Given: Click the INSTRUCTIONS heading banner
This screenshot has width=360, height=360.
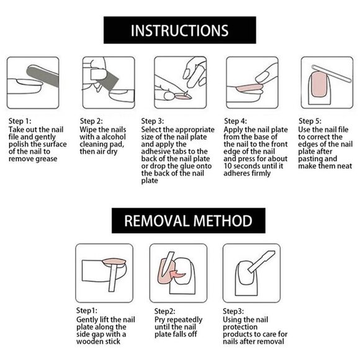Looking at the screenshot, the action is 180,30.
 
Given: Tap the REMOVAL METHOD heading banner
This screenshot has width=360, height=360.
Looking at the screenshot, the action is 189,220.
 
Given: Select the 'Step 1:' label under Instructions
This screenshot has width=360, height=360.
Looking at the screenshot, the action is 20,121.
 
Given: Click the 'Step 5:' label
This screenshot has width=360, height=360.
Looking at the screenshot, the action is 310,121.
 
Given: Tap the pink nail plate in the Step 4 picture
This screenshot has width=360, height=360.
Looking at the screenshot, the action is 250,88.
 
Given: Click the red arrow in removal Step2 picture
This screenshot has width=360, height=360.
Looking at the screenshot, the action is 178,274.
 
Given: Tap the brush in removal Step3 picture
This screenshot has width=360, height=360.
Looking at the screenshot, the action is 261,262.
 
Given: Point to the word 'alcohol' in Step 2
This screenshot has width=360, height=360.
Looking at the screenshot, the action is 114,137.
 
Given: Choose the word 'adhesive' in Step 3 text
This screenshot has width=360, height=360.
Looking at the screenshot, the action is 155,151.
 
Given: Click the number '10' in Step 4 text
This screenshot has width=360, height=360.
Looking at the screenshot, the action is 228,166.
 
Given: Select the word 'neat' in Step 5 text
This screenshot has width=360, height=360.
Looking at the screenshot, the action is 343,166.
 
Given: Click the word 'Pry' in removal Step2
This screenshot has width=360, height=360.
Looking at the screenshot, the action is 160,320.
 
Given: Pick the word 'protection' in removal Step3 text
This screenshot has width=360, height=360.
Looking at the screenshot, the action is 240,327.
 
